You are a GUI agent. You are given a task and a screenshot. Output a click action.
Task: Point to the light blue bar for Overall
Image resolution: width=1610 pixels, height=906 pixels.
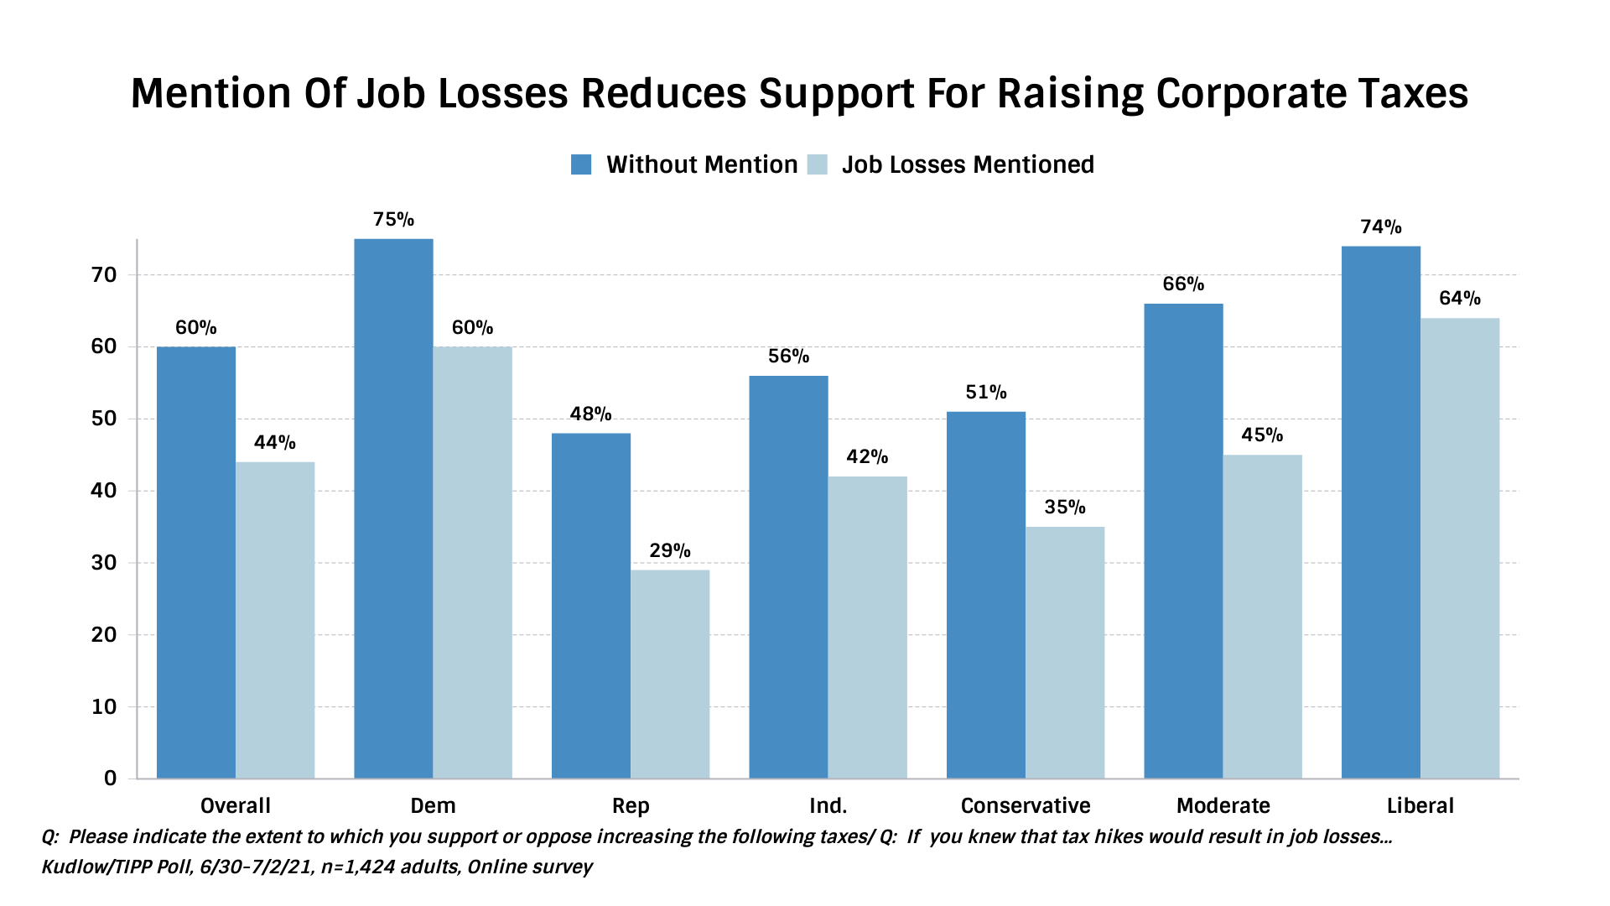[275, 620]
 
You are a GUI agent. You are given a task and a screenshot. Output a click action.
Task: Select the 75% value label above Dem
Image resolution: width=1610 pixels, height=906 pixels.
[393, 220]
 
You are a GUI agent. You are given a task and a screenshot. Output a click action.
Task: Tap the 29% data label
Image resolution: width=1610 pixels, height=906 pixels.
[670, 551]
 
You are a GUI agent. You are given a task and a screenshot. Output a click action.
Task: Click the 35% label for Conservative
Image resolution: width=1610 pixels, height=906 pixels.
[1065, 508]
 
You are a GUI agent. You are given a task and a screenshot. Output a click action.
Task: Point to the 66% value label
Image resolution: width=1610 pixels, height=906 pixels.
[1183, 284]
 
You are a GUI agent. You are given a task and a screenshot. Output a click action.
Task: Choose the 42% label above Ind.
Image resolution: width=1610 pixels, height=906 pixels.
[867, 457]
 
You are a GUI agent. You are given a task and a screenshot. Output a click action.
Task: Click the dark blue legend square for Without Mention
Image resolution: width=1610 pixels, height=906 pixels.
[581, 164]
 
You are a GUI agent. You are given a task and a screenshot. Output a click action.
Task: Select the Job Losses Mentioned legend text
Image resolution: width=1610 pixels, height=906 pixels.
[968, 164]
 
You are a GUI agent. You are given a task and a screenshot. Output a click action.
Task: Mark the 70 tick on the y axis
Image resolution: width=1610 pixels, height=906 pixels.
[105, 275]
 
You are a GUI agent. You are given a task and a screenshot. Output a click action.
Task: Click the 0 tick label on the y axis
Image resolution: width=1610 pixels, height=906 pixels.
[110, 778]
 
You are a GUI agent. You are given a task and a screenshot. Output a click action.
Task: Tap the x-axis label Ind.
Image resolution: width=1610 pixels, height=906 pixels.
[828, 806]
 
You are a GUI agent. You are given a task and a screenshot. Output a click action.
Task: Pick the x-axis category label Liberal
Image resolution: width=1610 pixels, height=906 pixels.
[1420, 806]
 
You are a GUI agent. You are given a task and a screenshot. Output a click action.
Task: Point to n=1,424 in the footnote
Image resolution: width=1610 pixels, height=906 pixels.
[358, 867]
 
